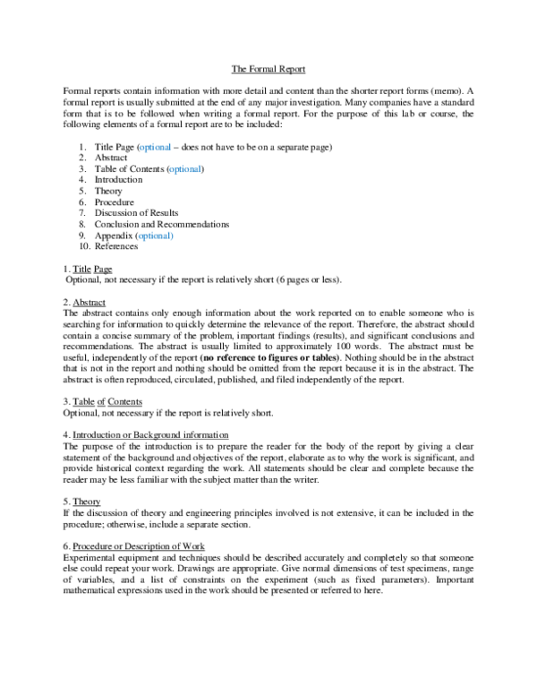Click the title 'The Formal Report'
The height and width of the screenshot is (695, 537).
coord(268,69)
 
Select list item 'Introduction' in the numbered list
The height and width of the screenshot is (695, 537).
coord(118,179)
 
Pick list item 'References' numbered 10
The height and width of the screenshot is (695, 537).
coord(116,246)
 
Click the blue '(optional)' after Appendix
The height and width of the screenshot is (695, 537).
coord(154,236)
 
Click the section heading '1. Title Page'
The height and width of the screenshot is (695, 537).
coord(88,269)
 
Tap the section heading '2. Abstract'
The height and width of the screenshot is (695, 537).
coord(84,303)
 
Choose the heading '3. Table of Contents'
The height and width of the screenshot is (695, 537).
coord(102,402)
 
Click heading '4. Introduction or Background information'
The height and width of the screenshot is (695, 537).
coord(144,434)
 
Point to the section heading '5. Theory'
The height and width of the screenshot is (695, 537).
coord(81,502)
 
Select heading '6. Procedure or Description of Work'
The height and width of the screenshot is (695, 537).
coord(133,546)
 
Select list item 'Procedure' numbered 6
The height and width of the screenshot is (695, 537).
coord(115,202)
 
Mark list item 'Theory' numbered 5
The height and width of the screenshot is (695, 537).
coord(108,191)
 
